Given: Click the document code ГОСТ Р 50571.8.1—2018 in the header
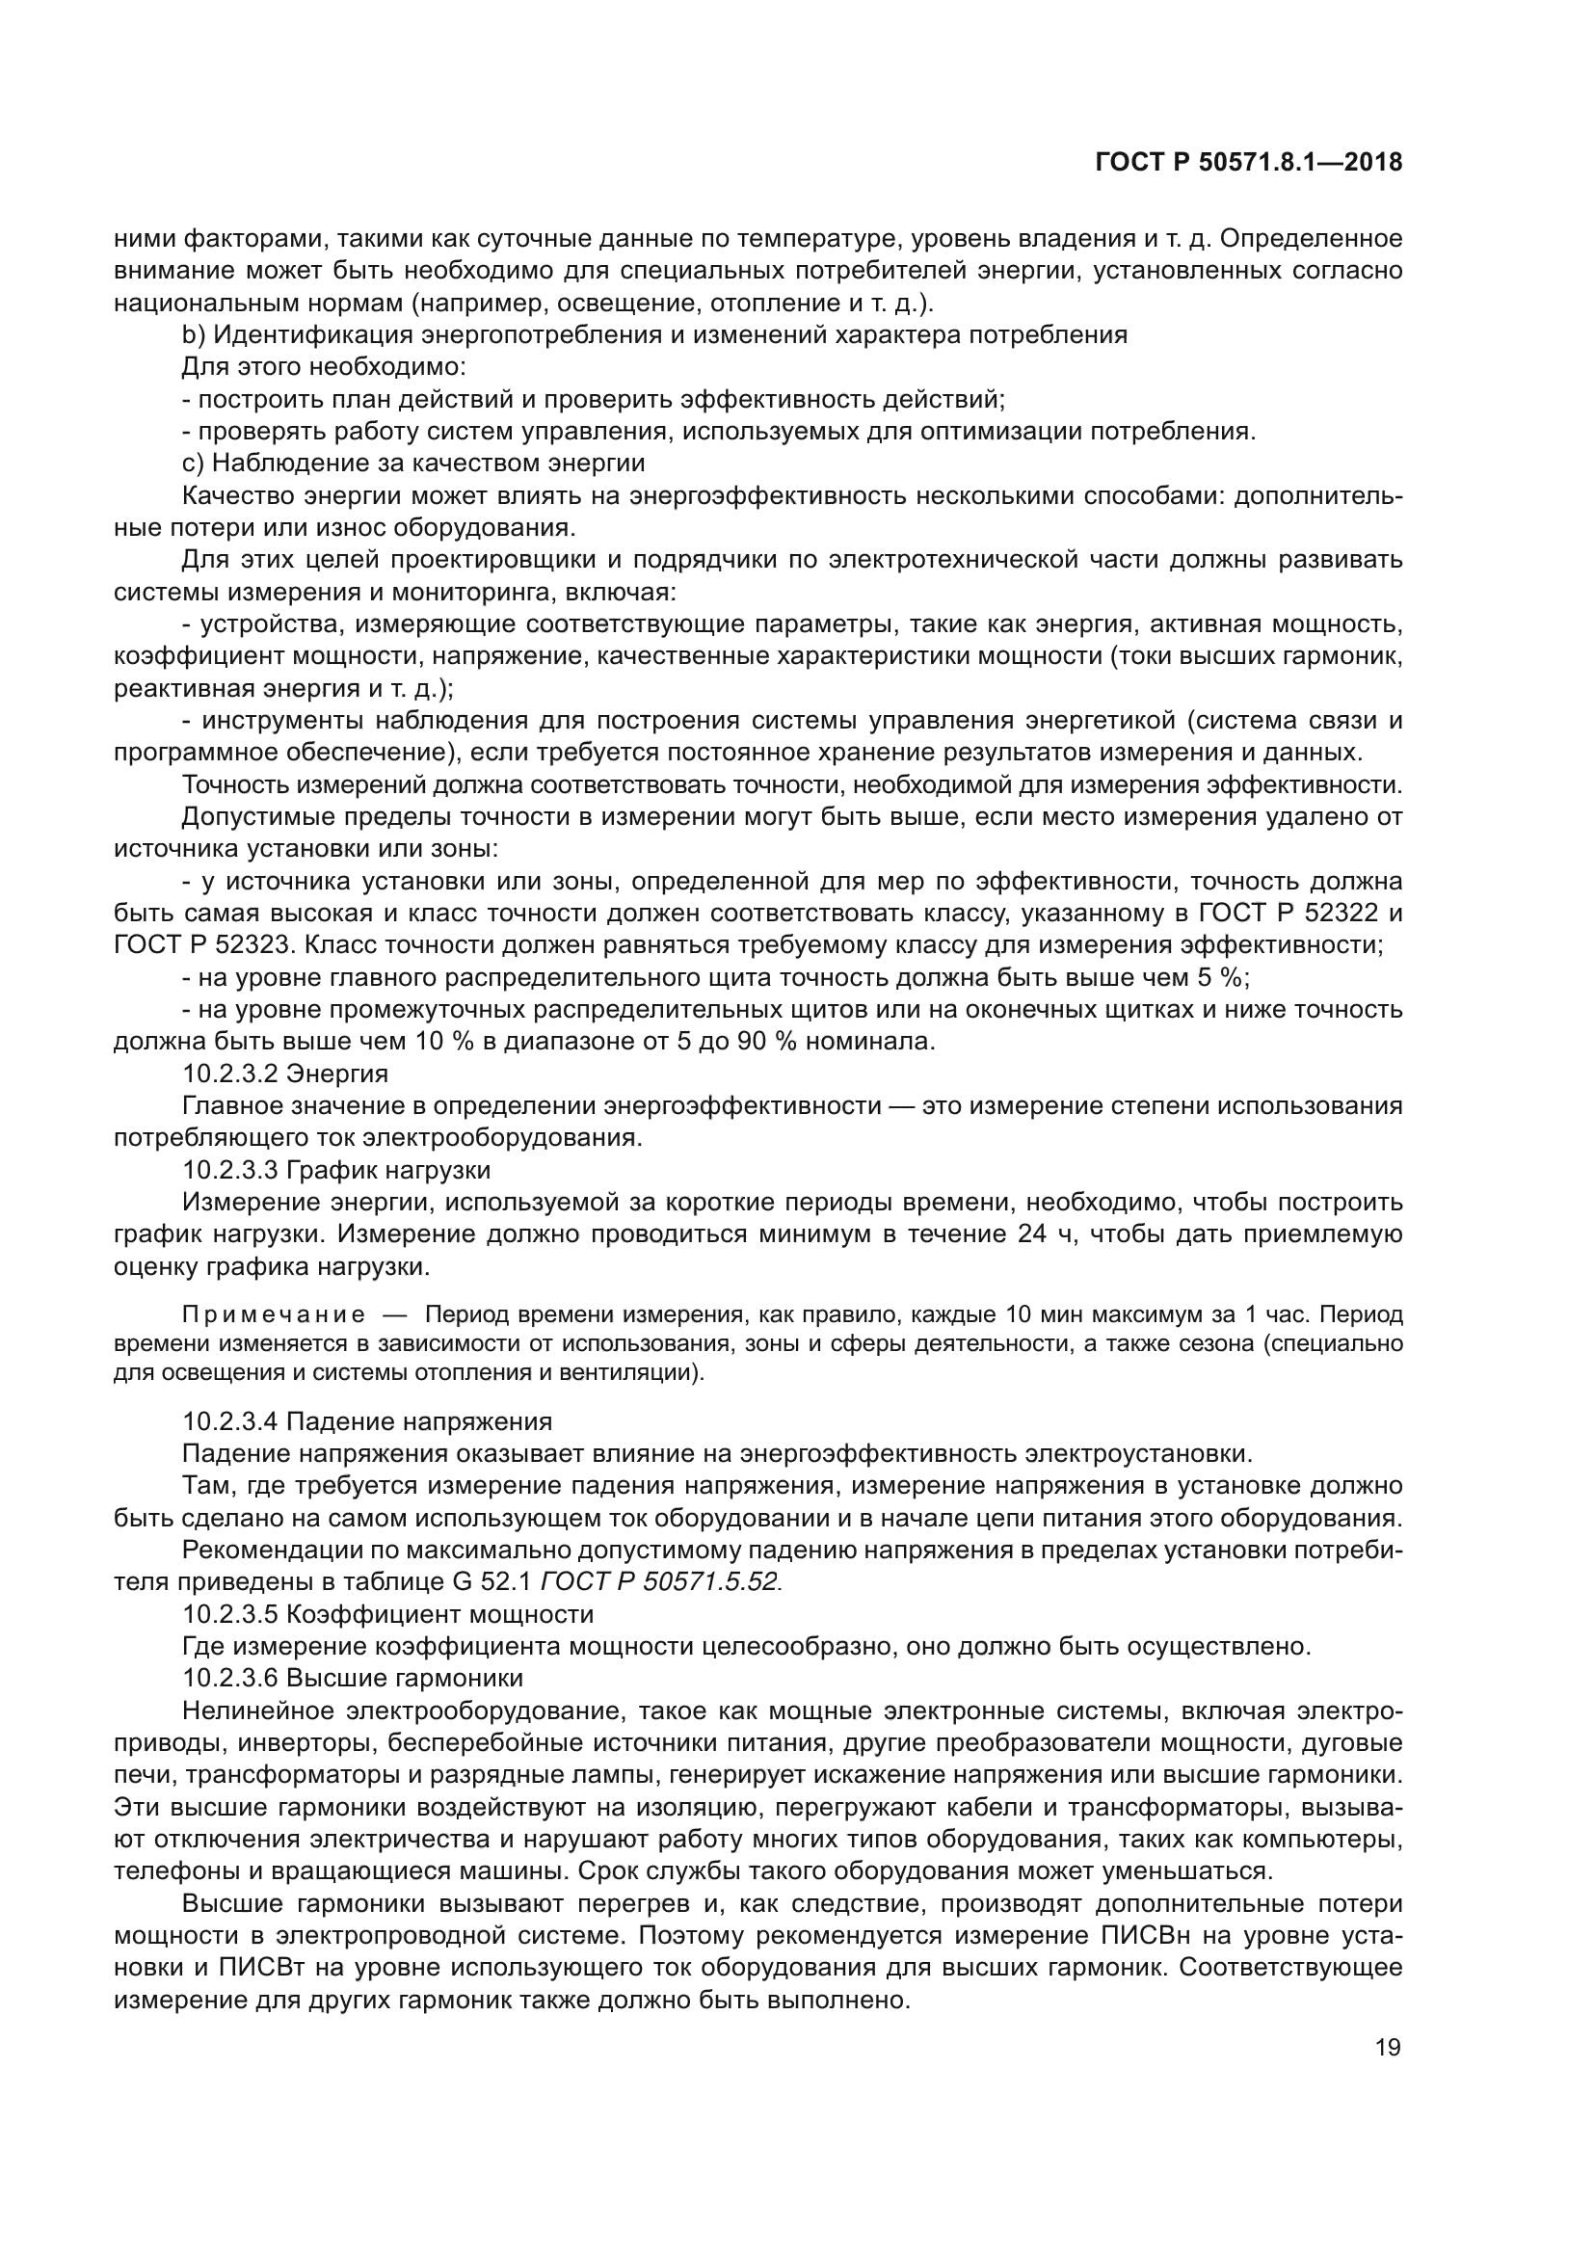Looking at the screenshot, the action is (x=1248, y=163).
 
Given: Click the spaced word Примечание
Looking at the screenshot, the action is (x=274, y=1314).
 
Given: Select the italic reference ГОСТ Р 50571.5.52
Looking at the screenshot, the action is (x=660, y=1581).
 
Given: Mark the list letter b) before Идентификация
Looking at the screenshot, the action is (x=194, y=335).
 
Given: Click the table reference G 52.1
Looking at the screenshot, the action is (x=493, y=1581).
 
